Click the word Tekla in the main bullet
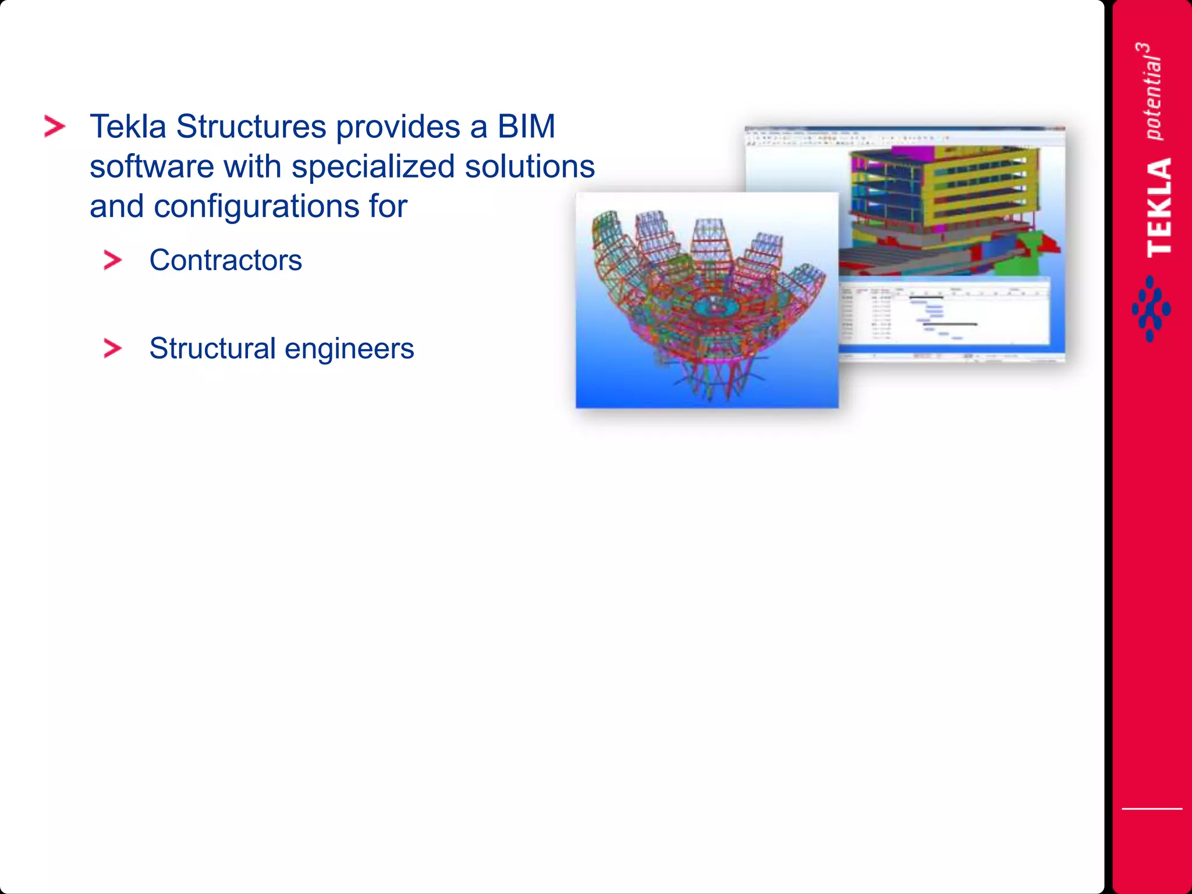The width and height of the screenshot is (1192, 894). pyautogui.click(x=127, y=127)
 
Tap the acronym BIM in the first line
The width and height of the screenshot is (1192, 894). pyautogui.click(x=526, y=127)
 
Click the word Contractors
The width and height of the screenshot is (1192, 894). pyautogui.click(x=225, y=260)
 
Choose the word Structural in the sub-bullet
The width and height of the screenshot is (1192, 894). pyautogui.click(x=212, y=349)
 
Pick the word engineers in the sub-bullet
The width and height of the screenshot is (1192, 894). pyautogui.click(x=349, y=349)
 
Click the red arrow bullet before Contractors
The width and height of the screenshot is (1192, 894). pyautogui.click(x=112, y=260)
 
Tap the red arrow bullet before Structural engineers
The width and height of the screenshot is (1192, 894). pyautogui.click(x=112, y=349)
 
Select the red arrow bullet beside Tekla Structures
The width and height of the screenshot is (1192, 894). pyautogui.click(x=55, y=126)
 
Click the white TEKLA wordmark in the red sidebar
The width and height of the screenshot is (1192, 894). pyautogui.click(x=1159, y=207)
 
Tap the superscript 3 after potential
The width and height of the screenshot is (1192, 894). pyautogui.click(x=1143, y=49)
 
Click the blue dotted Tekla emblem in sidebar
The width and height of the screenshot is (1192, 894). pyautogui.click(x=1151, y=309)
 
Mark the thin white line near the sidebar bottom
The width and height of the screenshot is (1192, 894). pyautogui.click(x=1151, y=808)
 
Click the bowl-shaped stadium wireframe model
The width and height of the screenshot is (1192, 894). pyautogui.click(x=707, y=303)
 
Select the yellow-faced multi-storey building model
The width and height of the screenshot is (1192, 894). pyautogui.click(x=943, y=192)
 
